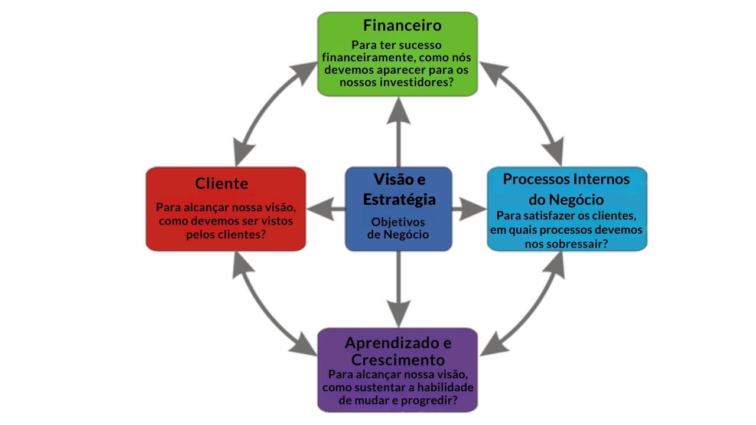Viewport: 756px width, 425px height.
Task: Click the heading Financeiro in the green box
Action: point(402,26)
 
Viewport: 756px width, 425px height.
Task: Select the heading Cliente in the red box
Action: point(221,184)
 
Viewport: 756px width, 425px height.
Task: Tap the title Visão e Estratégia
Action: point(399,189)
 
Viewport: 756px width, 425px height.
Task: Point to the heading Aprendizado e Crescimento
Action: point(398,351)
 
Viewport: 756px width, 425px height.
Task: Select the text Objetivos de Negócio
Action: point(398,228)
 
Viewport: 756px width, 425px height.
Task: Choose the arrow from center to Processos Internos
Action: point(469,208)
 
